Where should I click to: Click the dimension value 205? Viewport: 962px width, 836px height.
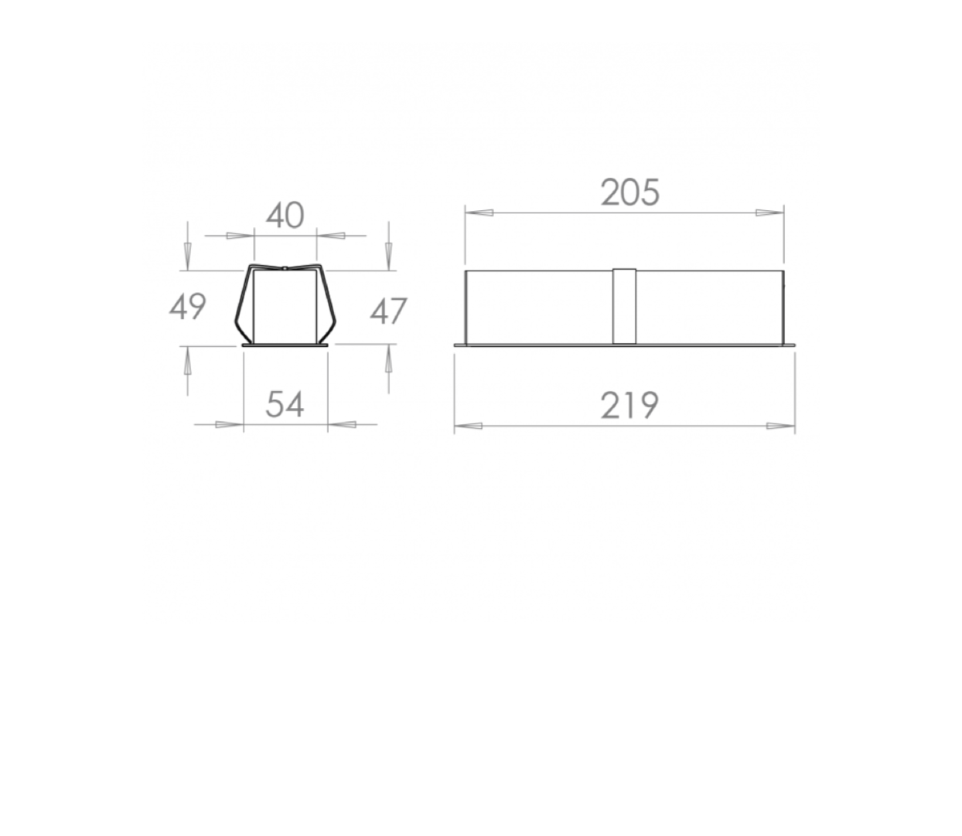(630, 192)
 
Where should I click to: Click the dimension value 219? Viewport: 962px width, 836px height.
(629, 406)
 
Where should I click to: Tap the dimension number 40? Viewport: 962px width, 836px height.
(285, 216)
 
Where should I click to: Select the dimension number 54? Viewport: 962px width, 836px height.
(285, 404)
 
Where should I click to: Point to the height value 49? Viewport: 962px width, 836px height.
(188, 307)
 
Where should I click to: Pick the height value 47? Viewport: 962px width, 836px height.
(388, 311)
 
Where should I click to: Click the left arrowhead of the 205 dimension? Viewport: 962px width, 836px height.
(479, 212)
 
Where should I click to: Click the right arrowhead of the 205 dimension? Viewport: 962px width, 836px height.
(769, 212)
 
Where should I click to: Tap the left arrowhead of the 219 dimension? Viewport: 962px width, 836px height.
(469, 426)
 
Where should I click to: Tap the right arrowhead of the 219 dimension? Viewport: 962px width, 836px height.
(781, 426)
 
